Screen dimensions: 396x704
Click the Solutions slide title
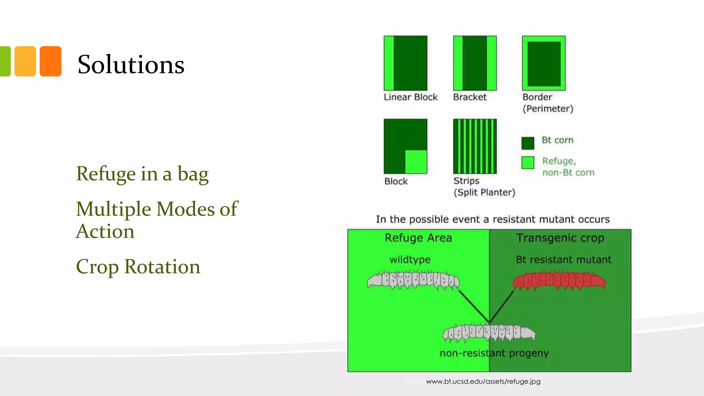pos(131,65)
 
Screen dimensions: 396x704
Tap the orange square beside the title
pos(51,61)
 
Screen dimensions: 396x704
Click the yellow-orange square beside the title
pos(25,61)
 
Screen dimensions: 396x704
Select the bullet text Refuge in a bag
pos(142,174)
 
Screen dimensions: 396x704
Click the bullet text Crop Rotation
pos(138,267)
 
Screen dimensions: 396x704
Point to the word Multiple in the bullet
pos(113,209)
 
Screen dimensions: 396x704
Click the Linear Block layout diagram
pos(406,63)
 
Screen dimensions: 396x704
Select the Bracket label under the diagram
pos(470,97)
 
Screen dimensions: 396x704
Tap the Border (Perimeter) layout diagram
pos(543,63)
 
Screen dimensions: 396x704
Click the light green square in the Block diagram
pos(416,162)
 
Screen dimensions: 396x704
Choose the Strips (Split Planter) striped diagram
pos(475,146)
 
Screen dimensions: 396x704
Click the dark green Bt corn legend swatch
pos(528,143)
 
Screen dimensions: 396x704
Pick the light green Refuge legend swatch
pos(528,163)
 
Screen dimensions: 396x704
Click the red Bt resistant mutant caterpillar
pos(559,281)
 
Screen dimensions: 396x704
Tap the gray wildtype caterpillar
pos(413,280)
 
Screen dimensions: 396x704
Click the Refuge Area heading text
pos(418,238)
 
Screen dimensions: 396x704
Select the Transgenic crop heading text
pos(560,238)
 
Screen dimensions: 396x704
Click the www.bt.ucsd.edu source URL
pos(483,381)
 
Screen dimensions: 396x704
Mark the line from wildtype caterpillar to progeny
pos(474,307)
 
